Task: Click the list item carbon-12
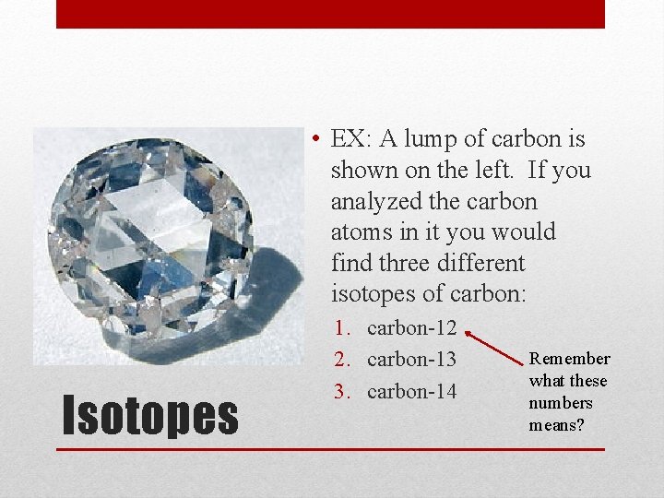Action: [411, 327]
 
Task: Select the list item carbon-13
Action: [411, 360]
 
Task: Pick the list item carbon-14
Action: [411, 391]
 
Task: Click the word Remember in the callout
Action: [570, 359]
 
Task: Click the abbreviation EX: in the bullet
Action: [351, 139]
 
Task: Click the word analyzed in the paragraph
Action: [376, 201]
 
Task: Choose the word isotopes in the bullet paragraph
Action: [373, 293]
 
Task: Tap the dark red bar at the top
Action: [330, 14]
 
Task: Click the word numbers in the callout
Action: [561, 403]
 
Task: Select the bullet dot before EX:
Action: [315, 140]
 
